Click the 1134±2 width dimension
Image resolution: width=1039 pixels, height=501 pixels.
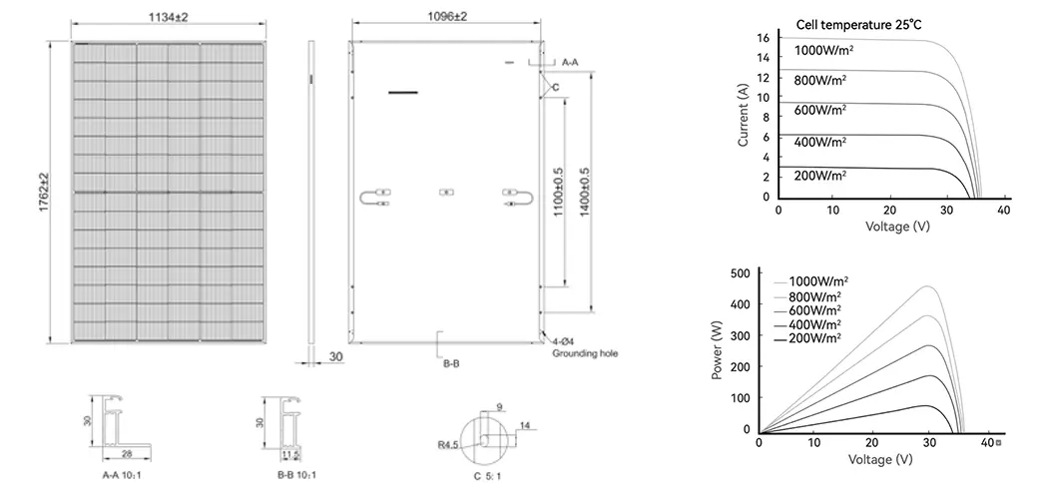168,17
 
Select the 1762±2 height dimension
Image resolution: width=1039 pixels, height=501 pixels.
44,192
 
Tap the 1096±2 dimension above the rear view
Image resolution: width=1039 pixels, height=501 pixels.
447,16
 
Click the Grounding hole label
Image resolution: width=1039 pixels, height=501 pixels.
585,353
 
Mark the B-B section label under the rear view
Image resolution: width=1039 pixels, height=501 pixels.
451,364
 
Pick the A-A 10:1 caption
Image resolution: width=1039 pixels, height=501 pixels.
121,475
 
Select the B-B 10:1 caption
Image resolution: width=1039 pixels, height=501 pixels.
296,475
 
